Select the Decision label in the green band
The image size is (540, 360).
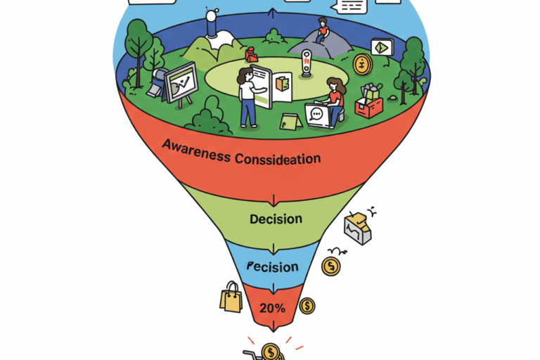(x=276, y=219)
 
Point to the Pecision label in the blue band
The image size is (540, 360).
(x=274, y=267)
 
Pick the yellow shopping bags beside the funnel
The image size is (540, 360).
(x=231, y=297)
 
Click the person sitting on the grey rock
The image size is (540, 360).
(x=322, y=32)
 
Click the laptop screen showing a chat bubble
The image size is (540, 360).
(x=317, y=115)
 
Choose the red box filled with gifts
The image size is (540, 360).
(x=369, y=101)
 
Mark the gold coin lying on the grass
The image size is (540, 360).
(x=362, y=65)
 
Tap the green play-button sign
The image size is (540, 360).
(x=382, y=48)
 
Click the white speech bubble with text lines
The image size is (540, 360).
(x=352, y=7)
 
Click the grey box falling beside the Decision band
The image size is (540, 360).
(x=356, y=228)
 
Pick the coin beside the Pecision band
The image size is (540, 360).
(x=330, y=266)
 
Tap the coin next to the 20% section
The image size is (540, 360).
(x=307, y=306)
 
